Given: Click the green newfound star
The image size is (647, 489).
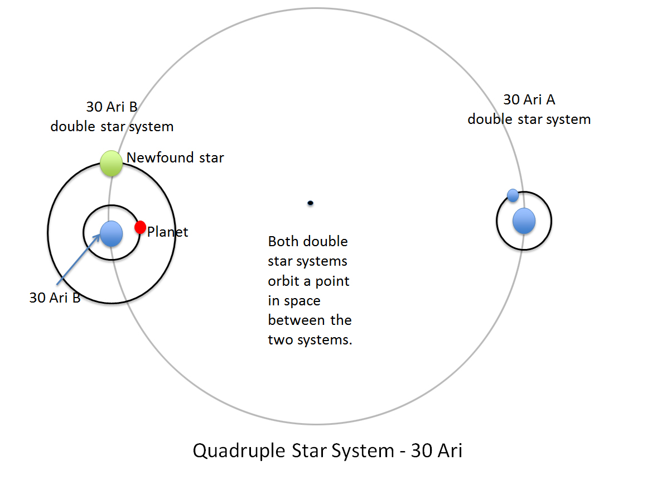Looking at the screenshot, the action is pos(112,164).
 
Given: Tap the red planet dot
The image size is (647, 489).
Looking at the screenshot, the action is pos(141,227).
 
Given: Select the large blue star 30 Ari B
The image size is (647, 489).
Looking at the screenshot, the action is pos(112,234).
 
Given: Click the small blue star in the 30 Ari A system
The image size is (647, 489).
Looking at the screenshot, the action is pos(513,195).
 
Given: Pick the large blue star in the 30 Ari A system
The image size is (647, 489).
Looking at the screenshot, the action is pos(524,221).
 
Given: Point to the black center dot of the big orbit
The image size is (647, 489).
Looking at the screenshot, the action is pos(310,203).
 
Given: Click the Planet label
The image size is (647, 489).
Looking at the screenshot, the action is pos(167,232).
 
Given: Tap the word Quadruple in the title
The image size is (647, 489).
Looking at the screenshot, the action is pos(239,450).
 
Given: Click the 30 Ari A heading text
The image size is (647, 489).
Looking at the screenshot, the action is pos(529,99).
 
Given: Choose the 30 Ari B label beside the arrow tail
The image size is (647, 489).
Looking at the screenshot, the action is pos(55,298).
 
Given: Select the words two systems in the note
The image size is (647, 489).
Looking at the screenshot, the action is pos(310,340).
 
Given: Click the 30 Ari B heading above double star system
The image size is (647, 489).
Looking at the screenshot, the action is pos(112,107).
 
